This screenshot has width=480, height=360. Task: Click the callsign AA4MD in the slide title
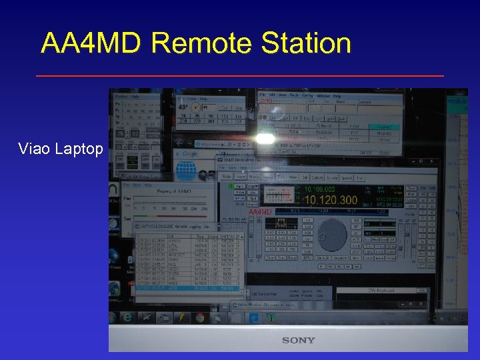tap(91, 43)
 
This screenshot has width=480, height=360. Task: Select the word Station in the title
tap(306, 43)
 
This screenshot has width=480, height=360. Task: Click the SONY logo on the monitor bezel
tap(298, 340)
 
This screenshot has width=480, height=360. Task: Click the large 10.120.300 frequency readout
tap(330, 199)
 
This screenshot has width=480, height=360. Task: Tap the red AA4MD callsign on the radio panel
tap(261, 212)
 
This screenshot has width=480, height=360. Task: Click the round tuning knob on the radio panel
tap(331, 234)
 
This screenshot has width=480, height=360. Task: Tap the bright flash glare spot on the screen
tap(266, 139)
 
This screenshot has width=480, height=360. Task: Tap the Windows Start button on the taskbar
tap(127, 317)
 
